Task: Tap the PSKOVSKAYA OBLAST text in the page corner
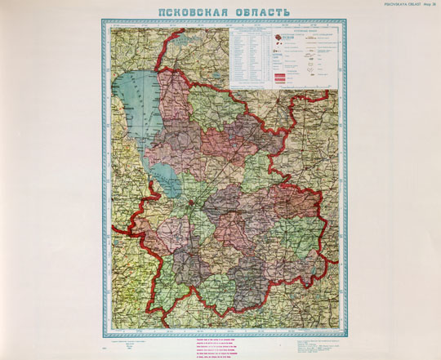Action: point(394,4)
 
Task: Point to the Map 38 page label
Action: point(429,4)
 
